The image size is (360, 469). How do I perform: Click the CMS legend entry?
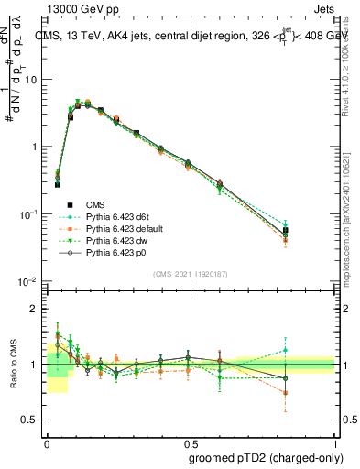[x=95, y=204]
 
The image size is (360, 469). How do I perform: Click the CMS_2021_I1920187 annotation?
[x=189, y=274]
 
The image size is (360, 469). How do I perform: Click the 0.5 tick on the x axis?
[x=188, y=442]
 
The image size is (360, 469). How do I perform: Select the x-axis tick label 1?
[x=331, y=442]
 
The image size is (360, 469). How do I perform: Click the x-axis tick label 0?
[x=47, y=442]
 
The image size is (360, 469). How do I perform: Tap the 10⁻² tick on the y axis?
[x=28, y=281]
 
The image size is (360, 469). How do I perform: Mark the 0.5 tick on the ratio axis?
[x=32, y=420]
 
